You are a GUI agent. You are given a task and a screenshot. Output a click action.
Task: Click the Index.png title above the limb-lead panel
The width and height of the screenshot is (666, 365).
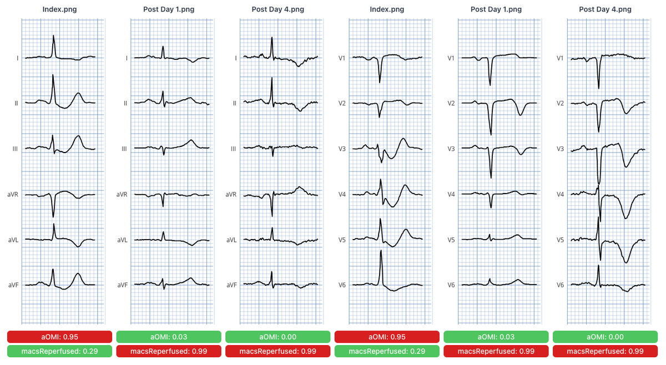click(59, 9)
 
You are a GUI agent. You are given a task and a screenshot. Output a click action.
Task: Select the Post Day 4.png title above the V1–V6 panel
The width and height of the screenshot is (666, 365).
click(605, 9)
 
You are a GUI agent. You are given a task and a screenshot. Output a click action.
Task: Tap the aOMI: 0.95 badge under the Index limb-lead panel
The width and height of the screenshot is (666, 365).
click(59, 337)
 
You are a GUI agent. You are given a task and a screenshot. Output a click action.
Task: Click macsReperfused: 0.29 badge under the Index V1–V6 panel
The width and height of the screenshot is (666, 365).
click(387, 351)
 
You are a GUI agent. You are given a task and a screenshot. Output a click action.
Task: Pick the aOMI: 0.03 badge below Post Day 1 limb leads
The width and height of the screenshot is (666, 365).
click(169, 337)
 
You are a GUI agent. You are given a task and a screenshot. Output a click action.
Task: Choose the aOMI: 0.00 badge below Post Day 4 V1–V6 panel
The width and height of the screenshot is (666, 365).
click(605, 337)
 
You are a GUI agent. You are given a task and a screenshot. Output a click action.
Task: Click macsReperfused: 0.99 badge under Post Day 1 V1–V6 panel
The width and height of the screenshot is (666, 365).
click(496, 351)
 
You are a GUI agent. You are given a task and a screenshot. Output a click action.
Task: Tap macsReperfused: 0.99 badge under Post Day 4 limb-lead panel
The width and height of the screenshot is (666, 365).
click(277, 351)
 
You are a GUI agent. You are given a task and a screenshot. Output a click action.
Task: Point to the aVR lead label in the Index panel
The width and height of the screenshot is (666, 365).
click(13, 194)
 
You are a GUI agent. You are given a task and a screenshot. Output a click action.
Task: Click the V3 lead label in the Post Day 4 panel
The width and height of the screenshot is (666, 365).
click(560, 149)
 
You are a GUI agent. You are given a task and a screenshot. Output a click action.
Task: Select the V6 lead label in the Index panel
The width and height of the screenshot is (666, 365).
click(342, 285)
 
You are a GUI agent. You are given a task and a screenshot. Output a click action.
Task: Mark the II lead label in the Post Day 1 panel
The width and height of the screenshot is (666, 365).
click(125, 103)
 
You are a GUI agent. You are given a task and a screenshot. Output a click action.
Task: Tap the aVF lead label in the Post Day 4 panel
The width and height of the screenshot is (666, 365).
click(231, 285)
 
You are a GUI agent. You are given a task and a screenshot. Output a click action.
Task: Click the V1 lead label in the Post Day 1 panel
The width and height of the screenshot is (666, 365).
click(451, 58)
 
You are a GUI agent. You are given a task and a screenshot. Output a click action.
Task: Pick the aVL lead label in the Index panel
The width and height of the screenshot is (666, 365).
click(13, 240)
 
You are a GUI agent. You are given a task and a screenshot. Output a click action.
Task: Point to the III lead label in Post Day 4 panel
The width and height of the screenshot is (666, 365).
click(234, 149)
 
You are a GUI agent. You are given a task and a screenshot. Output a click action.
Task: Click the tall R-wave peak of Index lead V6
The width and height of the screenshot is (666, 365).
click(381, 251)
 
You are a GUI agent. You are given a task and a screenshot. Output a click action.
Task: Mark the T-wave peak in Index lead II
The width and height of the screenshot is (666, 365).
click(78, 93)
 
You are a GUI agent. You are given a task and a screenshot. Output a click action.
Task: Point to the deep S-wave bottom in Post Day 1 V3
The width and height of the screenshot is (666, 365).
click(491, 178)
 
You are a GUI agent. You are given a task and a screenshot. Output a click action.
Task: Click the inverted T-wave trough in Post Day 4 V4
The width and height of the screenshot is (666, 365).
click(626, 218)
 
